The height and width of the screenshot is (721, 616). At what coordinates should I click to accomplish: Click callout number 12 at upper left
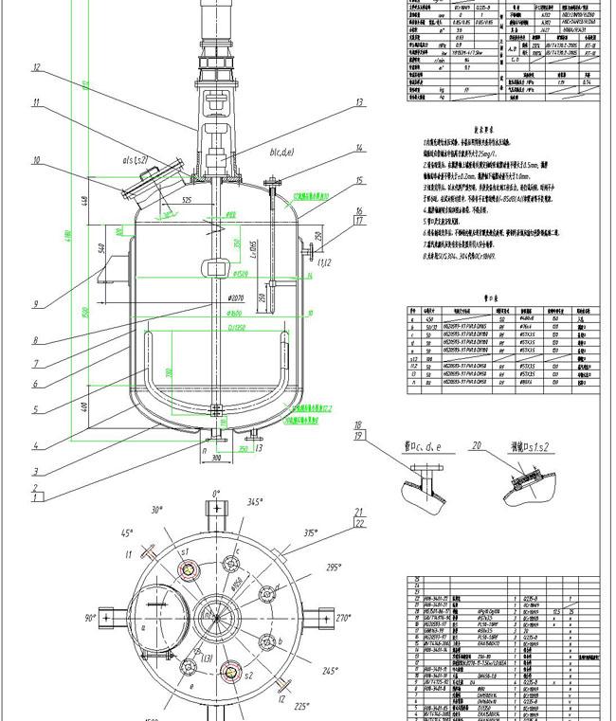tap(36, 67)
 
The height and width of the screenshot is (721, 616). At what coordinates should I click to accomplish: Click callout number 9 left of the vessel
tap(35, 304)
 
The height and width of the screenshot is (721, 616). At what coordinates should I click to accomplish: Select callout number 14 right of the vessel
tap(359, 148)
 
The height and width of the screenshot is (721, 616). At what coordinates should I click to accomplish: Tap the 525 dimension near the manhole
tap(188, 200)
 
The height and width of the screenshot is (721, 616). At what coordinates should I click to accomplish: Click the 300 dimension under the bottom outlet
tap(217, 458)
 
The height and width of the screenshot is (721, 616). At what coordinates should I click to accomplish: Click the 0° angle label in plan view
tap(215, 494)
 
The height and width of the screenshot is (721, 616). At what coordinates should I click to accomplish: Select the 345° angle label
tap(255, 502)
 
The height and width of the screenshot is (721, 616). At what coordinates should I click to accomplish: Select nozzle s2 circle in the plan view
tap(228, 674)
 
